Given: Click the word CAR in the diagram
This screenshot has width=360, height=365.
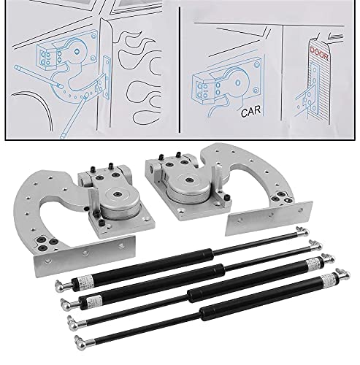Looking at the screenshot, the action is pyautogui.click(x=250, y=112).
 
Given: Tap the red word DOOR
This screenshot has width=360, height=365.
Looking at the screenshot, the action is pyautogui.click(x=319, y=54).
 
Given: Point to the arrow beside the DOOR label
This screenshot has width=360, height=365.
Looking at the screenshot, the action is pyautogui.click(x=335, y=36).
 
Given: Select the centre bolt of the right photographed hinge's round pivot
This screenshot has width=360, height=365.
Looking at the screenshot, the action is pyautogui.click(x=188, y=180).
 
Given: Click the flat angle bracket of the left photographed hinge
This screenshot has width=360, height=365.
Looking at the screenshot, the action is pyautogui.click(x=84, y=255).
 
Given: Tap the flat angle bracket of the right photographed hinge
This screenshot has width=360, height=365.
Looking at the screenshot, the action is pyautogui.click(x=269, y=218).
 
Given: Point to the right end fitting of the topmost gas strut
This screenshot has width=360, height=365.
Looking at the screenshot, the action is pyautogui.click(x=302, y=231).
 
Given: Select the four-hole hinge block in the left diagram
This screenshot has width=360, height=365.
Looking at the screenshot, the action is pyautogui.click(x=47, y=55).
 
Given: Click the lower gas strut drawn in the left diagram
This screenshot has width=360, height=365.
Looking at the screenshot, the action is pyautogui.click(x=74, y=116).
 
